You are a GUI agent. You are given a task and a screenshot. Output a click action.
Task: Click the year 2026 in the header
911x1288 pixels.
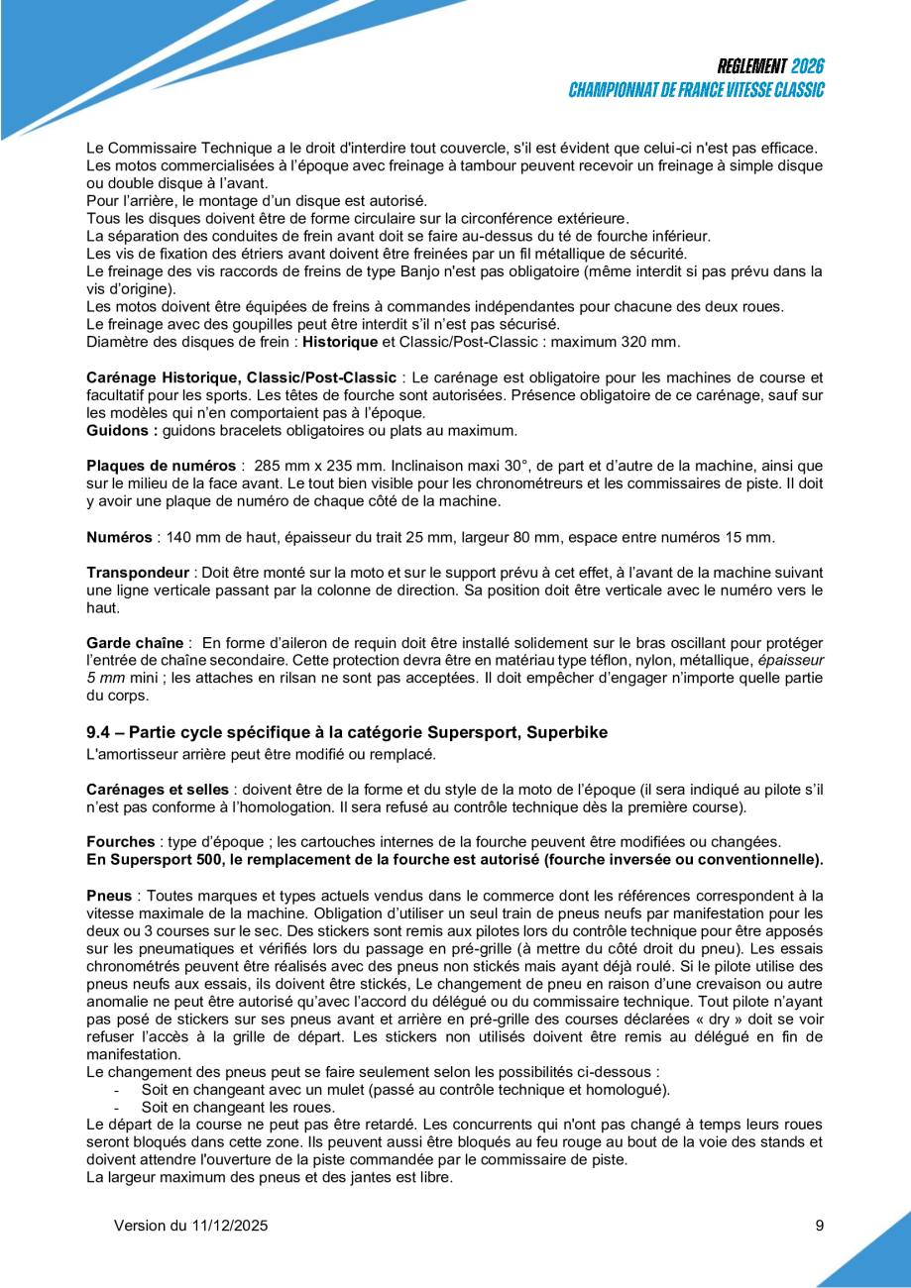[808, 67]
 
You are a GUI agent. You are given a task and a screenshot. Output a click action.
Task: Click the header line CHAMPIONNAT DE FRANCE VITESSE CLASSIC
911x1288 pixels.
[696, 90]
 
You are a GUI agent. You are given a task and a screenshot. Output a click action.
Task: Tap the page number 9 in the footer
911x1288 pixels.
[820, 1226]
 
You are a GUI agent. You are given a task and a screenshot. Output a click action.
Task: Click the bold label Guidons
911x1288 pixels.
[121, 431]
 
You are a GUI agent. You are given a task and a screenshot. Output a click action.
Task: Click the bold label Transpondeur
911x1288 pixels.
[138, 573]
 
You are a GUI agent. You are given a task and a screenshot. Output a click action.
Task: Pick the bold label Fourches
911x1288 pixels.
[121, 841]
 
